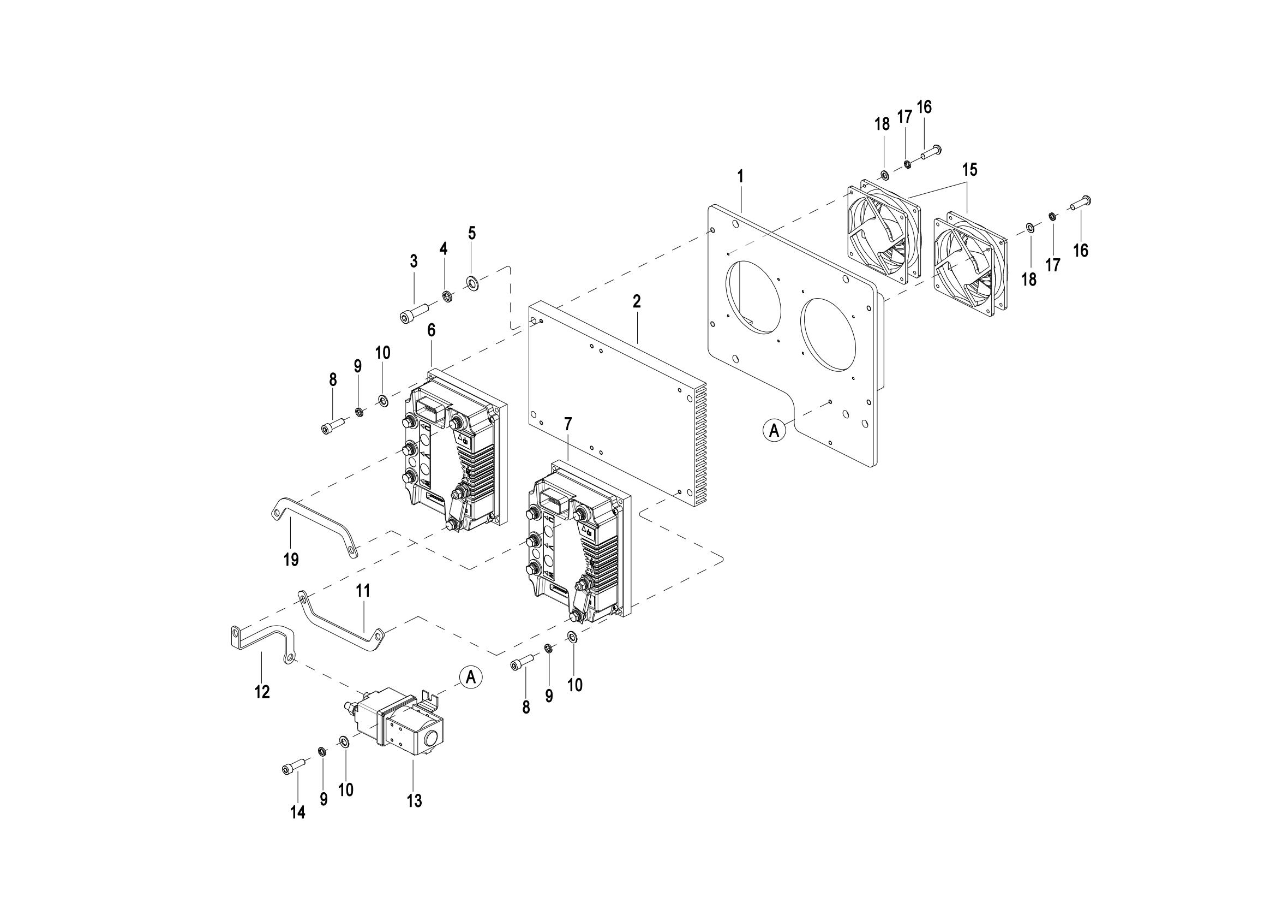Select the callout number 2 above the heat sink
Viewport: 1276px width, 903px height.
point(637,302)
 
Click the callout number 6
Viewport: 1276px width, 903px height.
point(432,330)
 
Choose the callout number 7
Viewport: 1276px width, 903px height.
point(567,424)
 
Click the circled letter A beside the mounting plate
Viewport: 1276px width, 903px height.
point(774,430)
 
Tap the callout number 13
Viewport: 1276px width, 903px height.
point(415,801)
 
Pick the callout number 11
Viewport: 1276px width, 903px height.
point(363,591)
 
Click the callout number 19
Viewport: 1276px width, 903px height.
point(291,559)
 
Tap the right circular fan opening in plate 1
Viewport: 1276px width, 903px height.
point(829,333)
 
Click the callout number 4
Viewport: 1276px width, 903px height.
point(444,248)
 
